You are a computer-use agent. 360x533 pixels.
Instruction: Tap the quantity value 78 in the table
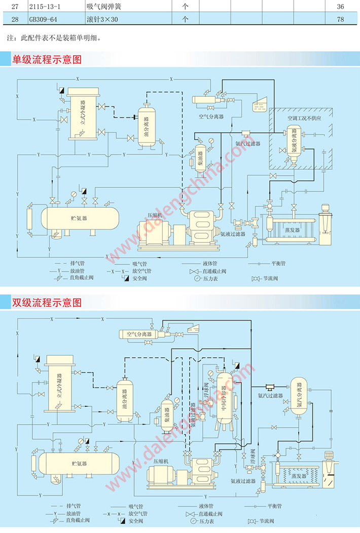[340, 19]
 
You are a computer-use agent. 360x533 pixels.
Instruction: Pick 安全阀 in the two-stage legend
[136, 521]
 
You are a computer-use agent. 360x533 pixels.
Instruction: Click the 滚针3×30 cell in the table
[102, 19]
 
